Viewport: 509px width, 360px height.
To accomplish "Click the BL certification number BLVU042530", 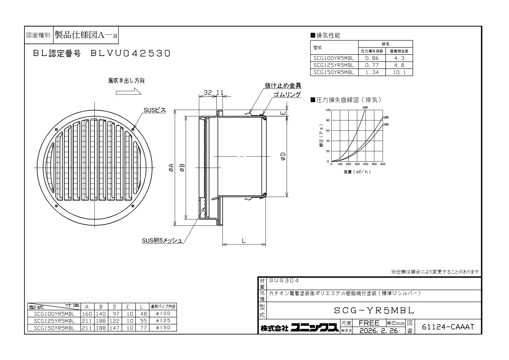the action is [x=131, y=53].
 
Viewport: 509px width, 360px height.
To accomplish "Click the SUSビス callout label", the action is [x=155, y=110].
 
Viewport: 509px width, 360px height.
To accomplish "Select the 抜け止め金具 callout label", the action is [x=283, y=86].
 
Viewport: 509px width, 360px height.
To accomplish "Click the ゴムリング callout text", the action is [x=287, y=94].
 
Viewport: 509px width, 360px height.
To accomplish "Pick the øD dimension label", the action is [x=283, y=156].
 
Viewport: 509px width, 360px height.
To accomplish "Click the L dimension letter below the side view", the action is [x=244, y=241].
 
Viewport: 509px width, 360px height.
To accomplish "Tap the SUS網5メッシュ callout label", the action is [x=162, y=241].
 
